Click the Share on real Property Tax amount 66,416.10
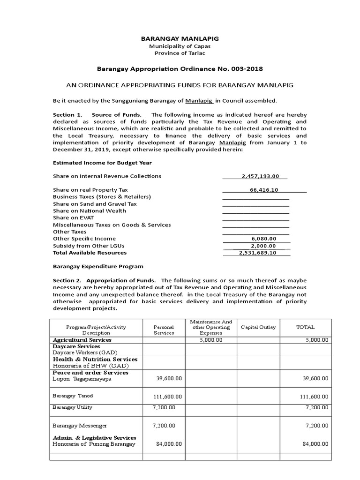(264, 190)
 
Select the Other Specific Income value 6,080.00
(264, 239)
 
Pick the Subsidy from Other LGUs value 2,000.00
(264, 246)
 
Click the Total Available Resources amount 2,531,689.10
(257, 253)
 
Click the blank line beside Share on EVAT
(255, 218)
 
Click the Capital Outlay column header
(258, 327)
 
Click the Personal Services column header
(164, 330)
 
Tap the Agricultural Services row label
(82, 339)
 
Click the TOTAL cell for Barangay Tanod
(314, 397)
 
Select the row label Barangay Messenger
(80, 426)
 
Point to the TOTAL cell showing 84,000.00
(315, 444)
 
